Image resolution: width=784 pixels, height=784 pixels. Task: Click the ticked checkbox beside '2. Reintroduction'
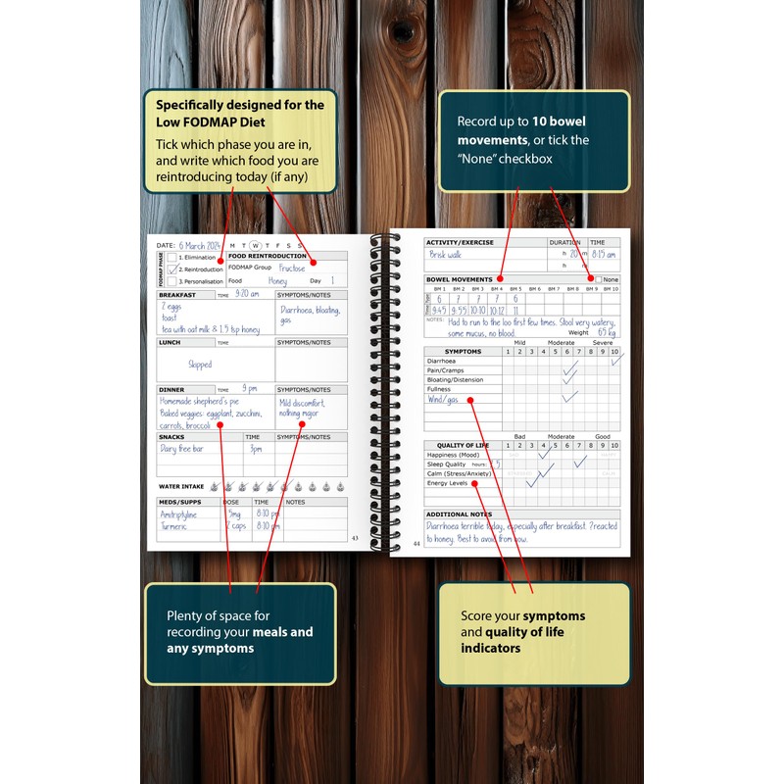(x=172, y=269)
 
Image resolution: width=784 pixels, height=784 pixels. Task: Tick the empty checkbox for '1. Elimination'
(x=172, y=257)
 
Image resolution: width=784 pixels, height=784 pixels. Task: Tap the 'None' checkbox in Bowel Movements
(x=598, y=279)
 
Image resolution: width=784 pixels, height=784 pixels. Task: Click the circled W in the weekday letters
(x=255, y=246)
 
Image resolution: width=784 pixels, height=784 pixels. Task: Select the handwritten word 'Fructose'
(x=292, y=268)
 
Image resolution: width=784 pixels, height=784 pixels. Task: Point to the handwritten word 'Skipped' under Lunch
(x=200, y=365)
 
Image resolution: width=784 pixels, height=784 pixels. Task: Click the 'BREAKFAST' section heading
(x=177, y=295)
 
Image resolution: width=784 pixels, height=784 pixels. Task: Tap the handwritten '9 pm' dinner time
(x=250, y=389)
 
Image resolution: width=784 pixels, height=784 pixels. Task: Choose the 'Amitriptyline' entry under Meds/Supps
(x=180, y=513)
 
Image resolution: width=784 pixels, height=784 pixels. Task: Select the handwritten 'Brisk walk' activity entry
(x=446, y=255)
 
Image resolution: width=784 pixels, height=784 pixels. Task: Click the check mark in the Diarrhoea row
(x=615, y=360)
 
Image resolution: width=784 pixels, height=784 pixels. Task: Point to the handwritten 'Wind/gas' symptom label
(x=445, y=399)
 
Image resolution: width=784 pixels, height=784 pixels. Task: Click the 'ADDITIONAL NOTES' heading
(x=460, y=514)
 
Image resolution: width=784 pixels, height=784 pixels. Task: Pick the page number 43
(x=355, y=537)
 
